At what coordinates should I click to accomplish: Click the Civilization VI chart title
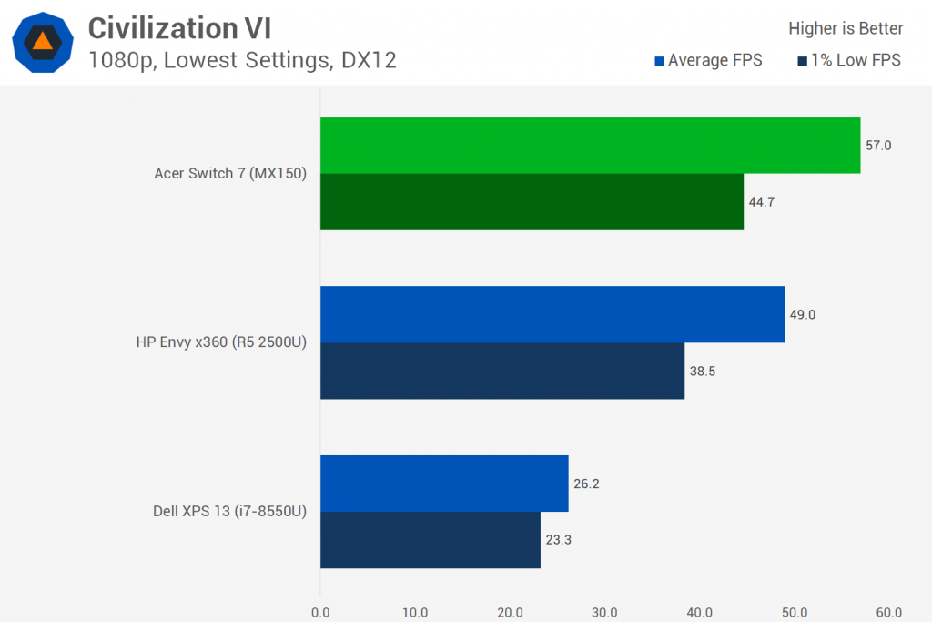pyautogui.click(x=179, y=28)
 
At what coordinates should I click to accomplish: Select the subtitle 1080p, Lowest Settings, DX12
pyautogui.click(x=242, y=61)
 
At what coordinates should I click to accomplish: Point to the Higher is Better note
pyautogui.click(x=846, y=28)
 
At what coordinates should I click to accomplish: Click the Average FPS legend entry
pyautogui.click(x=708, y=61)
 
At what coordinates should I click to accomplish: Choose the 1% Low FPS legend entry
pyautogui.click(x=849, y=61)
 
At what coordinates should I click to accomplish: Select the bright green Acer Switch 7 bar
pyautogui.click(x=590, y=146)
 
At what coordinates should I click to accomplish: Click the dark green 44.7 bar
pyautogui.click(x=532, y=202)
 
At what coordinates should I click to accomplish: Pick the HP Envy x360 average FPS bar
pyautogui.click(x=552, y=315)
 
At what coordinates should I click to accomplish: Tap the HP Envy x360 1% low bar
pyautogui.click(x=502, y=371)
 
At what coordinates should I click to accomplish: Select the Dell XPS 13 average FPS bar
pyautogui.click(x=444, y=484)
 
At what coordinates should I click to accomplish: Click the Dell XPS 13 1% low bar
pyautogui.click(x=431, y=540)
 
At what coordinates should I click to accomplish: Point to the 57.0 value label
pyautogui.click(x=878, y=146)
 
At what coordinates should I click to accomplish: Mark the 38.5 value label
pyautogui.click(x=703, y=372)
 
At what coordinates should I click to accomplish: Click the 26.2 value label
pyautogui.click(x=586, y=484)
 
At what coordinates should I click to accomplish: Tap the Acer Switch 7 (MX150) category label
pyautogui.click(x=230, y=174)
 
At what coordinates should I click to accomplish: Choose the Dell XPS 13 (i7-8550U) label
pyautogui.click(x=229, y=512)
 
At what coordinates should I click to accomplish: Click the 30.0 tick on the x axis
pyautogui.click(x=604, y=612)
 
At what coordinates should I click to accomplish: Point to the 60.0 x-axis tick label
pyautogui.click(x=888, y=612)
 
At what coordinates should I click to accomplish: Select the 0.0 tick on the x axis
pyautogui.click(x=320, y=612)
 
